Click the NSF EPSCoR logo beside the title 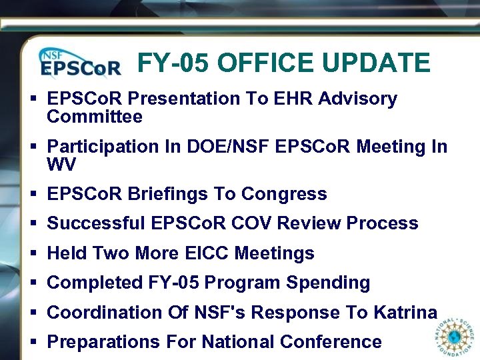pyautogui.click(x=80, y=63)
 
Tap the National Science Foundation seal pyautogui.click(x=455, y=337)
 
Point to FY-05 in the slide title pyautogui.click(x=174, y=63)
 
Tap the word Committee pyautogui.click(x=95, y=117)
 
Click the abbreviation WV pyautogui.click(x=61, y=164)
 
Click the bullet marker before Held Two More pyautogui.click(x=33, y=254)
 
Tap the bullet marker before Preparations pyautogui.click(x=33, y=343)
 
